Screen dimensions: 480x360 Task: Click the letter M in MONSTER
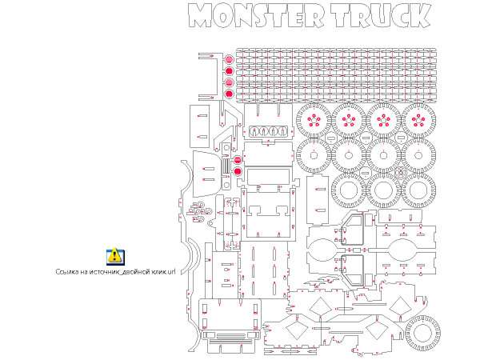coord(200,16)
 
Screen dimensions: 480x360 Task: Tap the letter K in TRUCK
coord(420,16)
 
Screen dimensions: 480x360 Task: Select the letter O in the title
coord(223,16)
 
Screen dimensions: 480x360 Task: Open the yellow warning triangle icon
coord(115,256)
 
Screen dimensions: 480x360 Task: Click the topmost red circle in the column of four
coord(229,59)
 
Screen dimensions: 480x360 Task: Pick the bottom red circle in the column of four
coord(229,94)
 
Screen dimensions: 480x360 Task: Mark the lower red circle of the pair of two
coord(238,171)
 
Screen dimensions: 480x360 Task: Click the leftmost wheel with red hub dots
coord(314,120)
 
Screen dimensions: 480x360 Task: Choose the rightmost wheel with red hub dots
coord(418,120)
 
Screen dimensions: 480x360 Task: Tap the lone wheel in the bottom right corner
coord(422,332)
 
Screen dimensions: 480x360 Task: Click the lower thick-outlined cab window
coord(353,270)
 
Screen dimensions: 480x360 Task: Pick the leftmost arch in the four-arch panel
coord(254,132)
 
